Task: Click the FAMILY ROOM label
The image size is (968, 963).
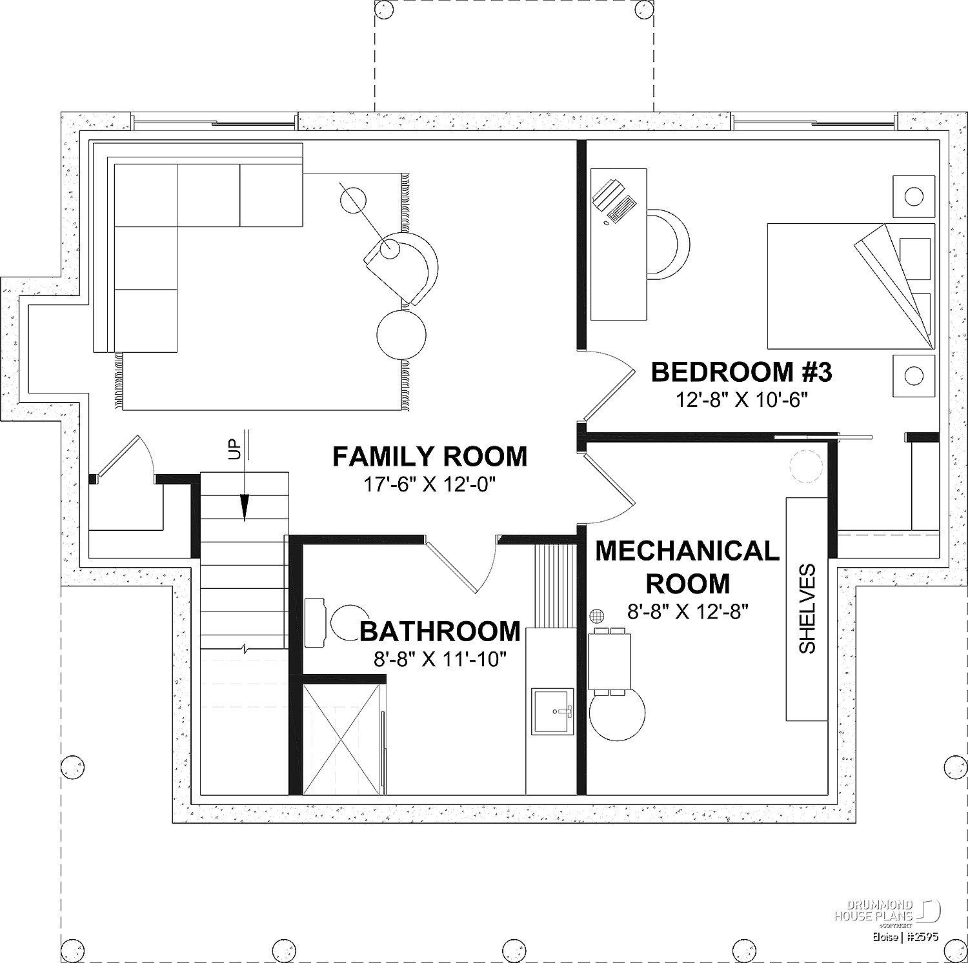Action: [430, 457]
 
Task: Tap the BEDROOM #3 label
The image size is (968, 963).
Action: [741, 372]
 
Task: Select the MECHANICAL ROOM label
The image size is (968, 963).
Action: [688, 568]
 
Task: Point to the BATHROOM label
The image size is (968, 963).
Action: [440, 631]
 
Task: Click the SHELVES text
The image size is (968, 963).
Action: [807, 609]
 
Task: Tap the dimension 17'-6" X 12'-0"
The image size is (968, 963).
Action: [430, 484]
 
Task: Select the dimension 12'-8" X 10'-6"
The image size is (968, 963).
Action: [742, 400]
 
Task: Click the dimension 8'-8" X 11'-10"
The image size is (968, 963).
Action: [440, 659]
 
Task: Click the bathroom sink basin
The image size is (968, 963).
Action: [552, 711]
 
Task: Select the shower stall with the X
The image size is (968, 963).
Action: [341, 739]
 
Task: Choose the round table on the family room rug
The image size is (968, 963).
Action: [401, 335]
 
